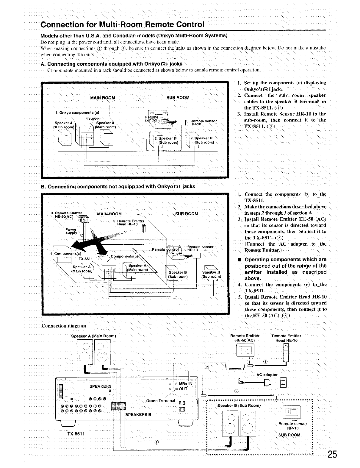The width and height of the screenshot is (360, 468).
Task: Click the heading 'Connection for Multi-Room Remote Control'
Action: (122, 24)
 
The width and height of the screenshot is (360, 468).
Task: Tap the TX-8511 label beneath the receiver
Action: (76, 433)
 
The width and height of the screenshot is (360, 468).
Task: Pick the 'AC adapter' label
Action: (267, 375)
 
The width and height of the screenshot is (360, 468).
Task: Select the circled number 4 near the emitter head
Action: (265, 361)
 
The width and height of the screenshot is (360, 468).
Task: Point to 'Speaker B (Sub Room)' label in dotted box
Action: (239, 405)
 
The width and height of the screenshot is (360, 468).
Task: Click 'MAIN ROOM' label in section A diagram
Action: (102, 98)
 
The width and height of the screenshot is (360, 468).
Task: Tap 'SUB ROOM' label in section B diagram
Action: (186, 213)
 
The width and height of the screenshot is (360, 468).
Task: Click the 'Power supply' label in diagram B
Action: (71, 231)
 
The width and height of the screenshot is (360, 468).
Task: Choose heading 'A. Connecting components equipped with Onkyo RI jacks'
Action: (111, 64)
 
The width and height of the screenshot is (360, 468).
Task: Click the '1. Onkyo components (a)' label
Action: (77, 113)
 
